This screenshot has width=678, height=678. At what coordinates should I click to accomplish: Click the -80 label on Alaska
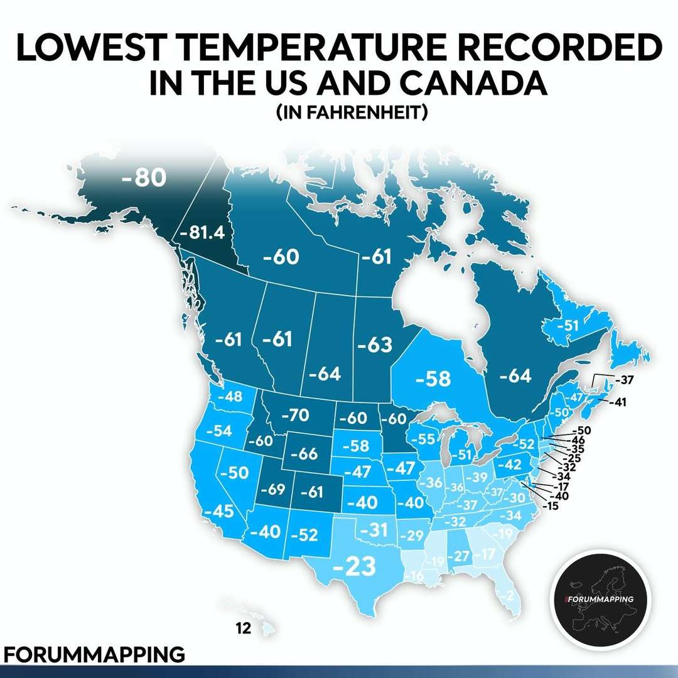point(144,178)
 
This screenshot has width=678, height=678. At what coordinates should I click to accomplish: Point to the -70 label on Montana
point(294,415)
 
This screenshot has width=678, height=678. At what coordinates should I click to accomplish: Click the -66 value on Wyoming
point(306,453)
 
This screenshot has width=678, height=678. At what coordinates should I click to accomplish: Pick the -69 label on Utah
point(273,490)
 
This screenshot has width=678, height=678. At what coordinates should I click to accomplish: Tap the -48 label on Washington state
point(230,397)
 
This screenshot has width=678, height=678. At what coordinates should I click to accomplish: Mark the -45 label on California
point(218,512)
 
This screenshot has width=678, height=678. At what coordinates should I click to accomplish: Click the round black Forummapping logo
point(600,600)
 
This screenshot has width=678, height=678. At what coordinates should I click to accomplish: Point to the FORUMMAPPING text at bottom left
point(93,653)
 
